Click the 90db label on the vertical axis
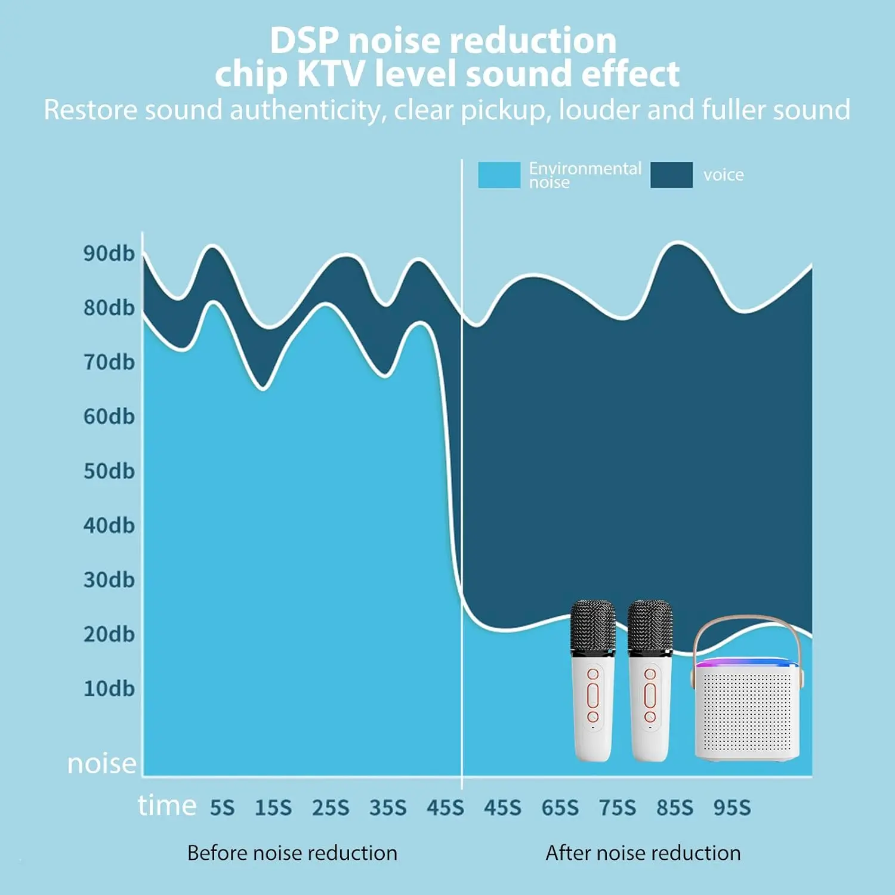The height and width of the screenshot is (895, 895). (109, 254)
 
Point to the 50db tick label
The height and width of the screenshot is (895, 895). (109, 471)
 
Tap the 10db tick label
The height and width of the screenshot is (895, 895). (109, 689)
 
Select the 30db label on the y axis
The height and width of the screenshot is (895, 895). (109, 580)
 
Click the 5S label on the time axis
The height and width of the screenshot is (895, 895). (222, 808)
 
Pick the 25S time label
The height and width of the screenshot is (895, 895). (331, 808)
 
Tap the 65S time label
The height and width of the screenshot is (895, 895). (560, 808)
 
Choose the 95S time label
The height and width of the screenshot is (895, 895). (732, 808)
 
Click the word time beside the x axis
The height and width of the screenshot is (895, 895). (167, 805)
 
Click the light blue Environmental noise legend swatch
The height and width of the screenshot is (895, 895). (499, 175)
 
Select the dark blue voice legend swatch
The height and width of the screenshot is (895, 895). (671, 175)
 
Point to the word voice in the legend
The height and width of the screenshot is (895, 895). (723, 175)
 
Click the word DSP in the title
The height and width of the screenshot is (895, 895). (304, 41)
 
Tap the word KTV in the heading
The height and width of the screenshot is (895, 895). (330, 75)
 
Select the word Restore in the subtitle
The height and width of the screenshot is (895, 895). (90, 110)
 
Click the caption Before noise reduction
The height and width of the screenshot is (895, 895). (292, 853)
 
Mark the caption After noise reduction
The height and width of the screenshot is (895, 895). (643, 853)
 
